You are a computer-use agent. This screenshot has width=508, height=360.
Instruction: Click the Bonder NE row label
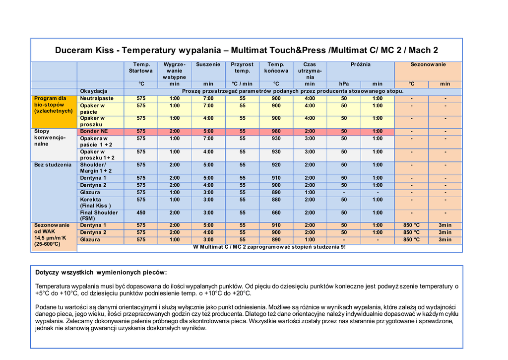tap(94, 131)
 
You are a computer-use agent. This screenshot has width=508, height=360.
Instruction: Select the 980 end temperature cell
tap(276, 131)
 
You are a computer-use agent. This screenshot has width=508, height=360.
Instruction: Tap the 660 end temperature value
tap(276, 213)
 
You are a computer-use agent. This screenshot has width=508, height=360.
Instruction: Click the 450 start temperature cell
tap(141, 213)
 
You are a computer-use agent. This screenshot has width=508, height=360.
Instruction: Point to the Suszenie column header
tap(208, 65)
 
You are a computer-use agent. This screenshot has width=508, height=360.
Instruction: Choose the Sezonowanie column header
tap(428, 65)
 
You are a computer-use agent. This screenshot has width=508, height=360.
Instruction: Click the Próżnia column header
tap(361, 65)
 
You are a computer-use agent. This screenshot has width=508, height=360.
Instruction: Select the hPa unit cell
tap(344, 84)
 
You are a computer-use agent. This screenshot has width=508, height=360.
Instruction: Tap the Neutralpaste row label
tap(97, 98)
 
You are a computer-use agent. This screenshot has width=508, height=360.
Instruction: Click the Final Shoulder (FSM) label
tap(99, 216)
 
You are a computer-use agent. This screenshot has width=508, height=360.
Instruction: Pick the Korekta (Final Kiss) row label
tap(95, 203)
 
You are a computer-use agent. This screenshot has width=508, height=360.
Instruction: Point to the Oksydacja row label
tap(94, 91)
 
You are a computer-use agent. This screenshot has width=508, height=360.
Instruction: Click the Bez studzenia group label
tap(53, 165)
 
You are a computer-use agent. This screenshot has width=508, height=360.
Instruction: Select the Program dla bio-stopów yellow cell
tap(53, 105)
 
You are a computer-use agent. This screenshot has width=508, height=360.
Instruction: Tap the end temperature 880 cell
tap(276, 200)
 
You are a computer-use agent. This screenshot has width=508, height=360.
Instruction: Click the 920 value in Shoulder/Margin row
tap(276, 165)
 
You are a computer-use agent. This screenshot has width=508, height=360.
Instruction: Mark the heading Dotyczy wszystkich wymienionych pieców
tap(101, 273)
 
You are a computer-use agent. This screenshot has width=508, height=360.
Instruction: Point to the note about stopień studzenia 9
tap(269, 247)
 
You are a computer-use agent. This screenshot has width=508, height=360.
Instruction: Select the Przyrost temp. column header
tap(242, 68)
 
